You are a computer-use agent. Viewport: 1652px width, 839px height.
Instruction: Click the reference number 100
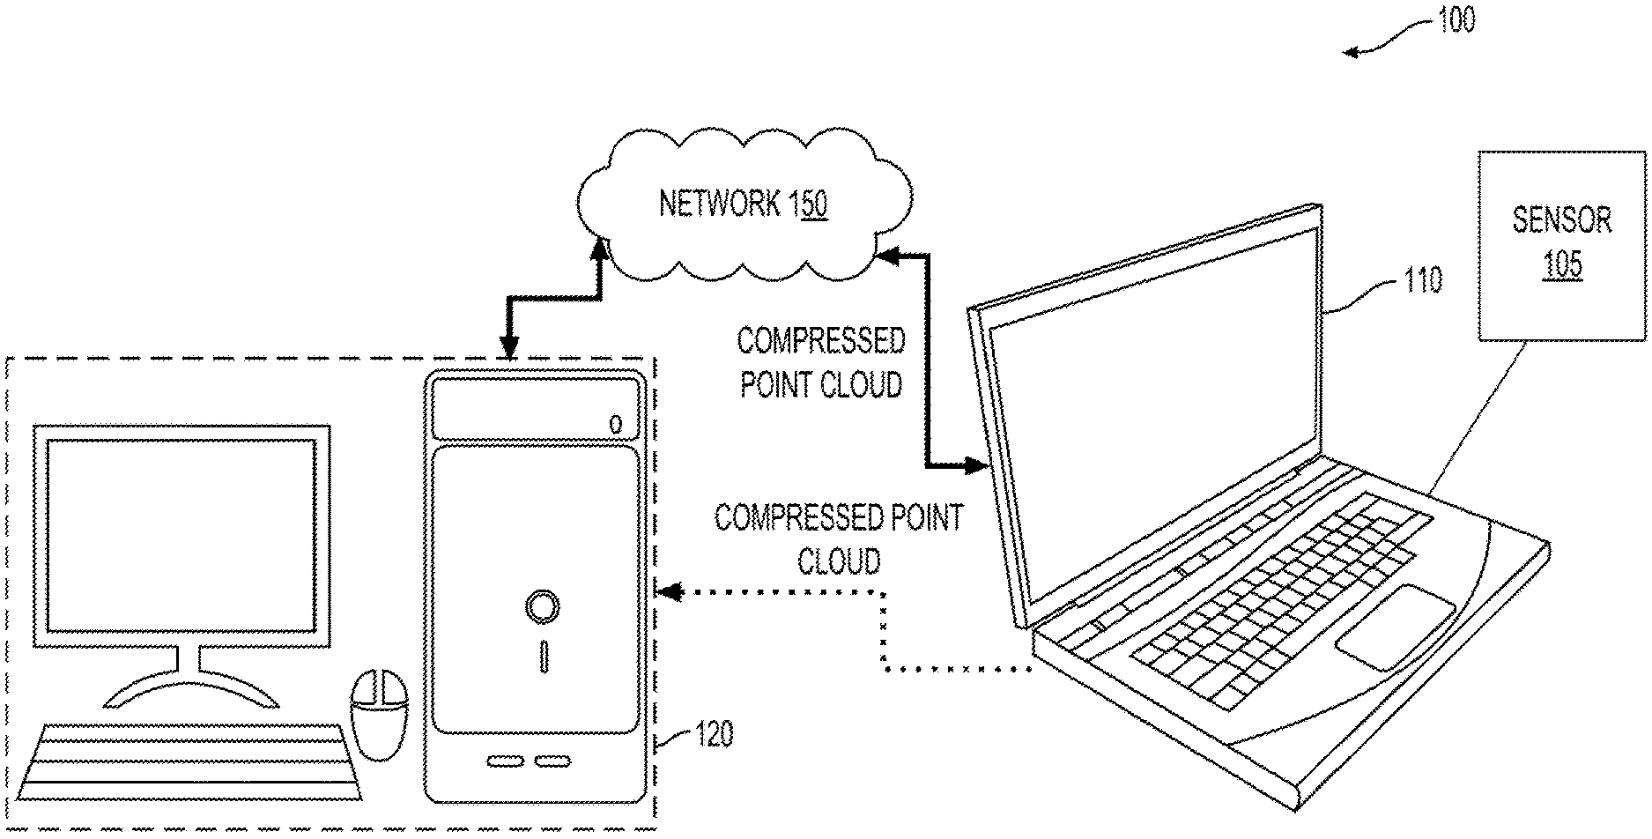(1455, 19)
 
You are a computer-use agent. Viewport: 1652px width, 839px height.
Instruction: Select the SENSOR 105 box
(1561, 246)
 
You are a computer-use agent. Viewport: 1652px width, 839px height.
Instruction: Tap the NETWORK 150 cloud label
(743, 204)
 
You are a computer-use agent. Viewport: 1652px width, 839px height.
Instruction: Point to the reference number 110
(1423, 281)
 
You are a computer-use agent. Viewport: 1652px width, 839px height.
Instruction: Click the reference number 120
(714, 733)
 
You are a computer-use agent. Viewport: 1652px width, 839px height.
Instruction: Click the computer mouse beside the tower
(381, 714)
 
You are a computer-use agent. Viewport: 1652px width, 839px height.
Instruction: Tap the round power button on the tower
(541, 606)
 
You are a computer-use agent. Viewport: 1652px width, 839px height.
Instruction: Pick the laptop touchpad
(1394, 626)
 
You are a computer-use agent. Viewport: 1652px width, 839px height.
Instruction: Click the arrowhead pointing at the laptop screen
(973, 464)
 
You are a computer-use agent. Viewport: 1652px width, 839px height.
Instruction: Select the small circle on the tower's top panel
(615, 425)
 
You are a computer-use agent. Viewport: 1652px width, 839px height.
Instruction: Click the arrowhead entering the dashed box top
(509, 349)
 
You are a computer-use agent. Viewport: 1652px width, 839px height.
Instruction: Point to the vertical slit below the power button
(544, 657)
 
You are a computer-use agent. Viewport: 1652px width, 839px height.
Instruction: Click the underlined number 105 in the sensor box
(1562, 265)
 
